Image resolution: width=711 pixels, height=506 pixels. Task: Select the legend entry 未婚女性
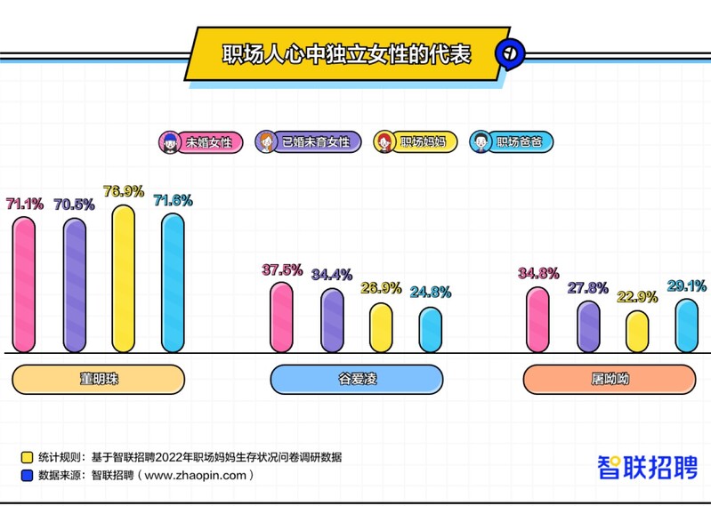(201, 141)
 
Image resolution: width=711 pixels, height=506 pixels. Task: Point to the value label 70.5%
(75, 204)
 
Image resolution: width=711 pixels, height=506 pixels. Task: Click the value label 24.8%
(431, 292)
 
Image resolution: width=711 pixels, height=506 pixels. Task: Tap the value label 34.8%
(537, 272)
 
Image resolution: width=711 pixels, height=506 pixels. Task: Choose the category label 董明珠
(99, 379)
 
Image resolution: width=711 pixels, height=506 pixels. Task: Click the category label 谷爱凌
(356, 379)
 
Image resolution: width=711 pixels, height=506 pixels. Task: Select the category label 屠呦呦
(609, 379)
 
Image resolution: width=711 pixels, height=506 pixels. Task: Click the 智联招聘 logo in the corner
(647, 467)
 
